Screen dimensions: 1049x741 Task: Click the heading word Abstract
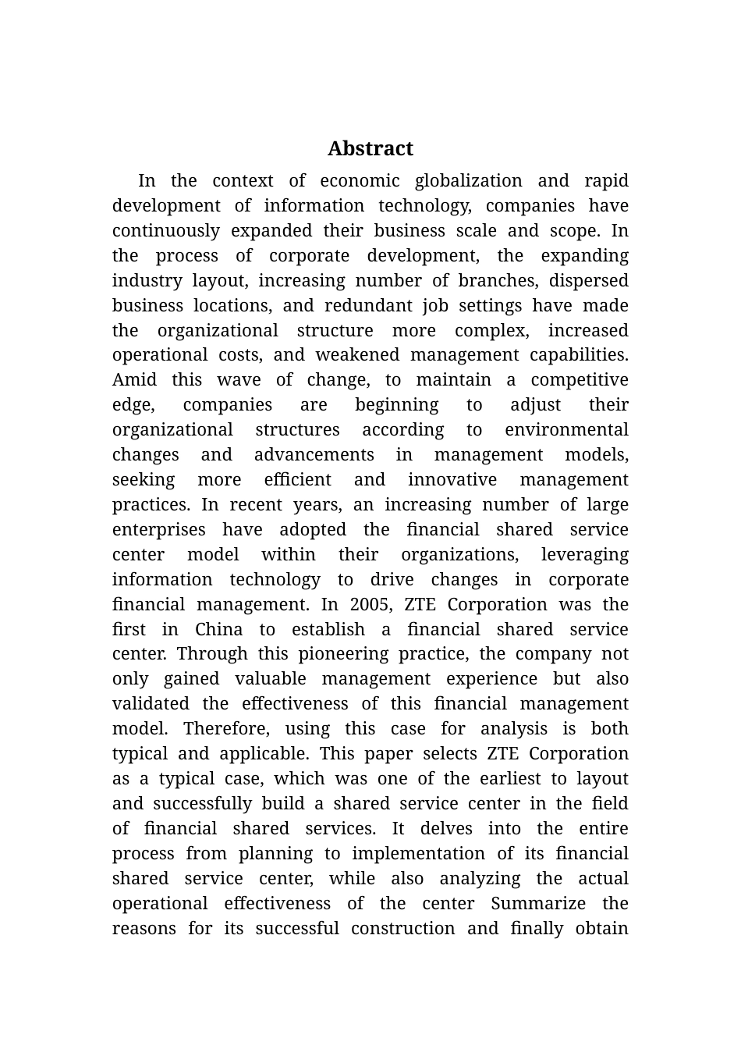pyautogui.click(x=370, y=148)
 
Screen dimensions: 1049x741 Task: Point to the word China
pyautogui.click(x=218, y=630)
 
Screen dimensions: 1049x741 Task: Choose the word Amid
pyautogui.click(x=134, y=380)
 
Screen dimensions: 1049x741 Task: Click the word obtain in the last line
pyautogui.click(x=601, y=929)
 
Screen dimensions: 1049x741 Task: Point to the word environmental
pyautogui.click(x=566, y=430)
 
